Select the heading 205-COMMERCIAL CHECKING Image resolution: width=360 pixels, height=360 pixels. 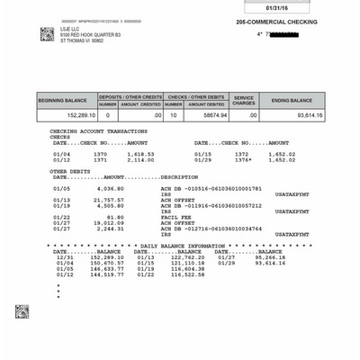[x=276, y=22]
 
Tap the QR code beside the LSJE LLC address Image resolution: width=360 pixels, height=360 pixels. [x=47, y=34]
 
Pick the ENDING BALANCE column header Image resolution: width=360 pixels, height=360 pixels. [x=292, y=100]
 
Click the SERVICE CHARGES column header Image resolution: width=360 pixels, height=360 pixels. [x=244, y=100]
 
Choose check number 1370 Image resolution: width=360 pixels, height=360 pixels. [x=99, y=154]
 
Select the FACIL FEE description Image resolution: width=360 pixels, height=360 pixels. [x=174, y=217]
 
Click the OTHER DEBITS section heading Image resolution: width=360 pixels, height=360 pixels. [x=69, y=171]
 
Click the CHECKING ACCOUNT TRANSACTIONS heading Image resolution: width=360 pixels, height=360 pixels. [x=102, y=131]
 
